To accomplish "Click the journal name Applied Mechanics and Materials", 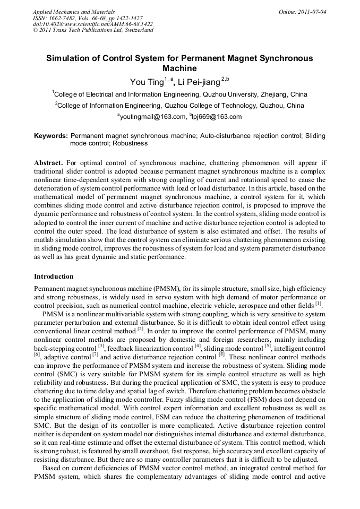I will coord(74,11).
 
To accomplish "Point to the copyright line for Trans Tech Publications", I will coord(93,30).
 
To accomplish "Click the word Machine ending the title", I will coord(179,69).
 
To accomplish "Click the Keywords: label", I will coord(51,136).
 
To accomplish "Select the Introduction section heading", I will coord(54,277).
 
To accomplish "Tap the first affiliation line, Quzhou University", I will coord(179,95).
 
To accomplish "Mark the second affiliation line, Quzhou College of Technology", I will coord(179,106).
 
